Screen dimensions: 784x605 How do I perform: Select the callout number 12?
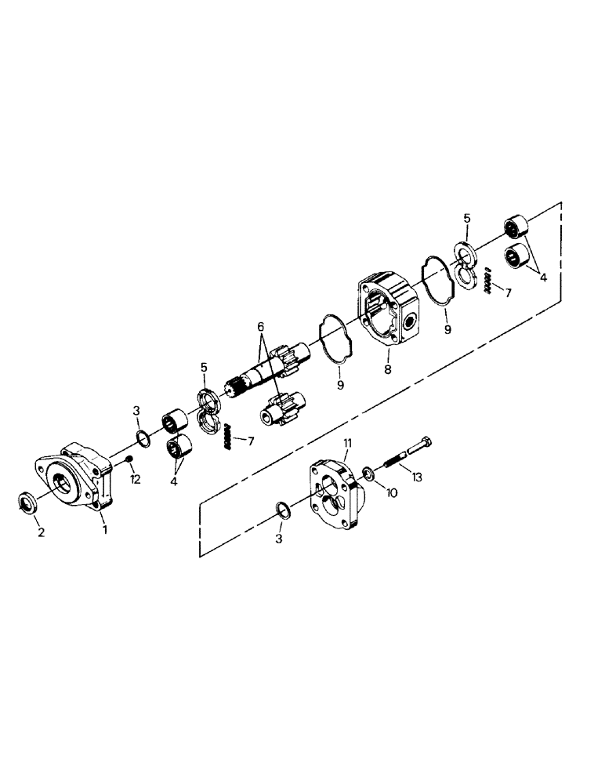coord(135,480)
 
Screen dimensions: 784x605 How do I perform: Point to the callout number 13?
coord(415,477)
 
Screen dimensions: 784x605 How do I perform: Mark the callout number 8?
coord(387,368)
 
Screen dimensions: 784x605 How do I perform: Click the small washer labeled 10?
coord(368,474)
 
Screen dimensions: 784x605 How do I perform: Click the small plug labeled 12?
coord(130,459)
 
